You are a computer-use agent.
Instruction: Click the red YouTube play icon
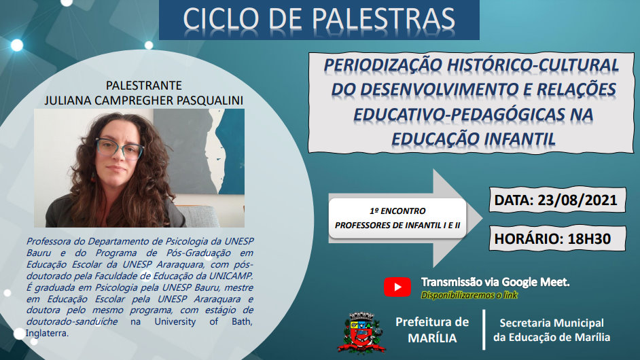coord(397,287)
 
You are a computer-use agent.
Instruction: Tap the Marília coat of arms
coord(361,333)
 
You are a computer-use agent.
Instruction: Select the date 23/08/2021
coord(577,200)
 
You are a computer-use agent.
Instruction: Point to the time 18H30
coord(589,239)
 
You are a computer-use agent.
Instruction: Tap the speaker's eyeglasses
coord(119,149)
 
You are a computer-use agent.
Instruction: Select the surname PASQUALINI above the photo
coord(210,101)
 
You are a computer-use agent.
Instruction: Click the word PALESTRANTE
coord(143,86)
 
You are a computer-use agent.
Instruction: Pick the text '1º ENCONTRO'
coord(397,211)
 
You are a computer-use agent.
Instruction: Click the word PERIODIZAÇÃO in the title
coord(383,65)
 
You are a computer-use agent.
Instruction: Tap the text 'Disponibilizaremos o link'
coord(469,295)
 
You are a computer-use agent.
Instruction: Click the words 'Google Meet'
coord(535,282)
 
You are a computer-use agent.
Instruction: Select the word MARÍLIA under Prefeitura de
coord(432,338)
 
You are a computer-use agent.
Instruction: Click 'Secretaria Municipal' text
coord(552,323)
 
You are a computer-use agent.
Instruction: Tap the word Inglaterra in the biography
coord(46,333)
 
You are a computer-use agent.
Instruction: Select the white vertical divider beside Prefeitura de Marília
coord(484,330)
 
